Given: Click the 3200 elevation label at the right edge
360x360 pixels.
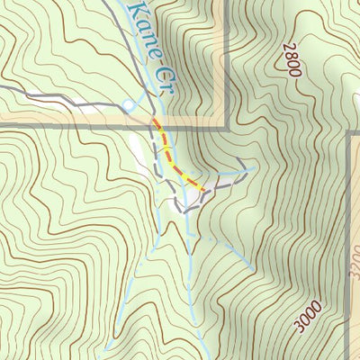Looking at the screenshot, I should click(353, 261).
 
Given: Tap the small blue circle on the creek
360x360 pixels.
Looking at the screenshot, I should click(128, 106).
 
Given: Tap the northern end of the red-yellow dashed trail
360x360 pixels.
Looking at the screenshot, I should click(154, 120).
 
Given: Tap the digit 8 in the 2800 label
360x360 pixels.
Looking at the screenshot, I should click(292, 56).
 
